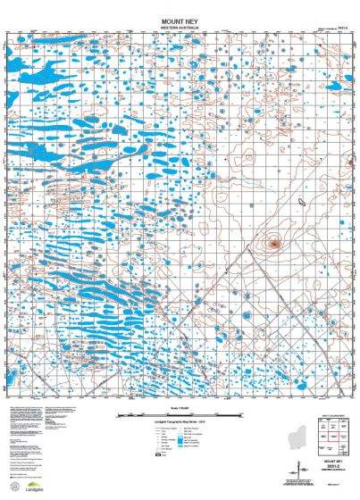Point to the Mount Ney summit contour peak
[274, 241]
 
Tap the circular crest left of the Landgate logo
[12, 487]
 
